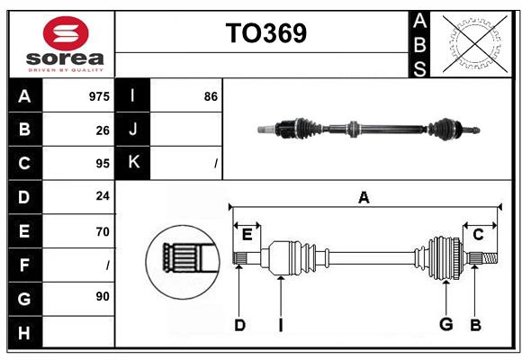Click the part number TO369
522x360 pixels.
tap(266, 33)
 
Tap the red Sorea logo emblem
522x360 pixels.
tap(66, 33)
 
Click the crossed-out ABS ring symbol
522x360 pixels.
tap(475, 43)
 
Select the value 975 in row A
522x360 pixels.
tap(99, 96)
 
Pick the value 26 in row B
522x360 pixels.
tap(103, 130)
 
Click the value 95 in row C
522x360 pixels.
tap(103, 164)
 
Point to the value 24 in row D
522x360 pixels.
tap(103, 196)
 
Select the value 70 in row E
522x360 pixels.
tap(103, 231)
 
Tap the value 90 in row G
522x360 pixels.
tap(103, 296)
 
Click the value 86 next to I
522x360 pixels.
tap(211, 96)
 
